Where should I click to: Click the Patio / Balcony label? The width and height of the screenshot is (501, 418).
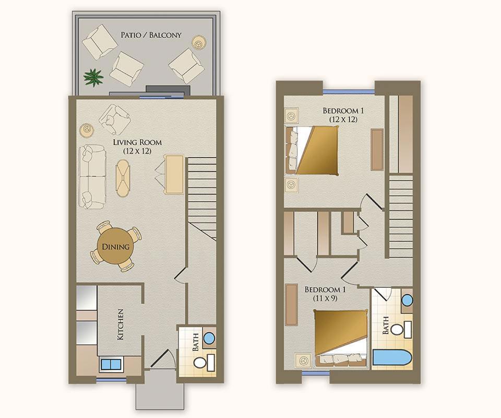point(151,35)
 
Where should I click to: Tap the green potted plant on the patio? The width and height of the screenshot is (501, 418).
point(93,77)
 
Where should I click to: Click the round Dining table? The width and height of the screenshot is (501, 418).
point(115,247)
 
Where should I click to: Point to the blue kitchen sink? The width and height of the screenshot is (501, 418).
point(111,364)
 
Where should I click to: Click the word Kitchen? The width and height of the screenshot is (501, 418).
point(121,324)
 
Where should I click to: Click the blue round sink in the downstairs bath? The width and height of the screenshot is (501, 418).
point(209,338)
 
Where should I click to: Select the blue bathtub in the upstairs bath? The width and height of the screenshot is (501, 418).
point(392,358)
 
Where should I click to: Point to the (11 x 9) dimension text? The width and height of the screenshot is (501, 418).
point(325,299)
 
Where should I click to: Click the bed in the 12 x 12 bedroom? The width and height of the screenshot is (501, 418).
point(312,150)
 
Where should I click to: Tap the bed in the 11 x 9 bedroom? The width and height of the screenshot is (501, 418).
point(341,338)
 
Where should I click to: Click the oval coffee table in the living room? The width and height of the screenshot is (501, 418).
point(123,178)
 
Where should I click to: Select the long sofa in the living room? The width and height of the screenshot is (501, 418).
point(92,177)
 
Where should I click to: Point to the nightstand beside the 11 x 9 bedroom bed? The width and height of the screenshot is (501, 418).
point(303,361)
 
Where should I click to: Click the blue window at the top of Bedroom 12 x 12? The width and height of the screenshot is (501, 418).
point(349,92)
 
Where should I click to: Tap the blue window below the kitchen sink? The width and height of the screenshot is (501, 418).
point(111,380)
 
